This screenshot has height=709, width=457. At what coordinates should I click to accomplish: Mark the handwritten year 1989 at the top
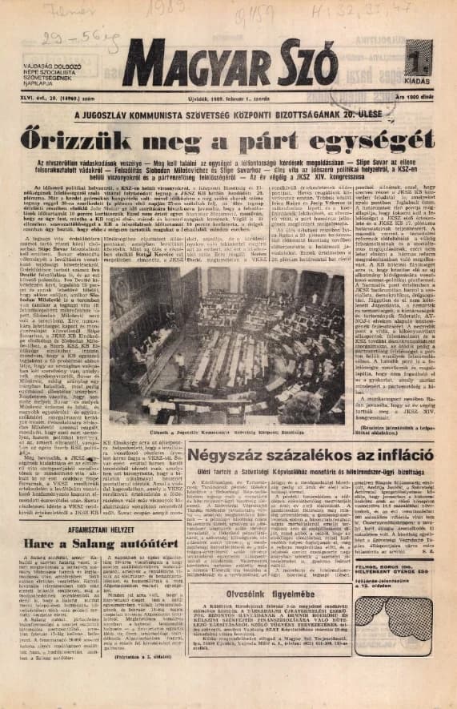point(256,11)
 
